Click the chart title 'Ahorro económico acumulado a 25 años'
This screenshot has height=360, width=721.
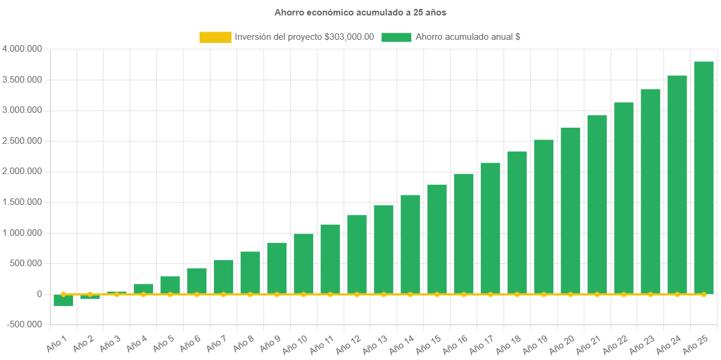coord(360,12)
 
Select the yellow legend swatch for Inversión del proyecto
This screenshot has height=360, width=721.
coord(215,37)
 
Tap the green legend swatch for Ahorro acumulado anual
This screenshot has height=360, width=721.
coord(396,37)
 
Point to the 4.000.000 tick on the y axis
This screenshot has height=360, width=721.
coord(22,49)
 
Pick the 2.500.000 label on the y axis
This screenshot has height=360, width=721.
coord(22,141)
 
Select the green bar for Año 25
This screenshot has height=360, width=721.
coord(704,178)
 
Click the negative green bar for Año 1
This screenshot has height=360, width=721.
coord(63,300)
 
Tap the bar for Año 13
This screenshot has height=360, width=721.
coord(383,250)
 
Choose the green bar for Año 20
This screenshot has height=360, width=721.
coord(571,210)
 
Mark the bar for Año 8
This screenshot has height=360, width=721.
coord(250,273)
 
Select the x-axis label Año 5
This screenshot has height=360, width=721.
coord(164,343)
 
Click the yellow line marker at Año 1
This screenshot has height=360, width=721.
coord(63,294)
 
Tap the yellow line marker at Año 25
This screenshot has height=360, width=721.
coord(704,294)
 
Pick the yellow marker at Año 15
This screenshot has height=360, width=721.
coord(437,294)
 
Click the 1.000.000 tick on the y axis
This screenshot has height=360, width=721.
coord(22,232)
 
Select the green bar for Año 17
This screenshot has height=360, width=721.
coord(490,228)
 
